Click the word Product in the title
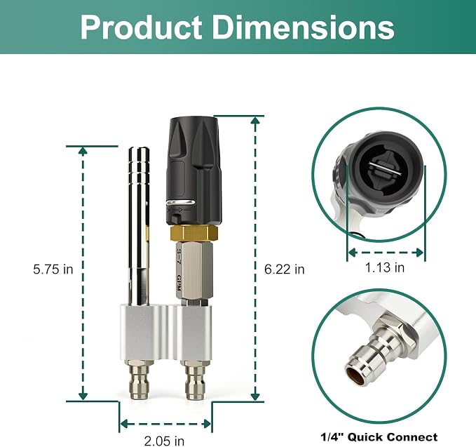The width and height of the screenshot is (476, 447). [141, 27]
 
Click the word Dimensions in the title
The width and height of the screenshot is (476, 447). [304, 27]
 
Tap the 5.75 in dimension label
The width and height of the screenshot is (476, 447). [53, 269]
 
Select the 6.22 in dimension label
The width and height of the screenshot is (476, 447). [285, 269]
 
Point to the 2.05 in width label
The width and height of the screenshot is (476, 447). [164, 441]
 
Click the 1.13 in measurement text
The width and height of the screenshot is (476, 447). [384, 267]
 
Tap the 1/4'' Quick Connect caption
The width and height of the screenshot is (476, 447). [379, 437]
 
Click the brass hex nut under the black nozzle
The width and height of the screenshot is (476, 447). [193, 234]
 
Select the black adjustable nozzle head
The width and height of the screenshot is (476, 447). [193, 171]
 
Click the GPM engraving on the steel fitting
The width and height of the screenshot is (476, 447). [179, 283]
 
